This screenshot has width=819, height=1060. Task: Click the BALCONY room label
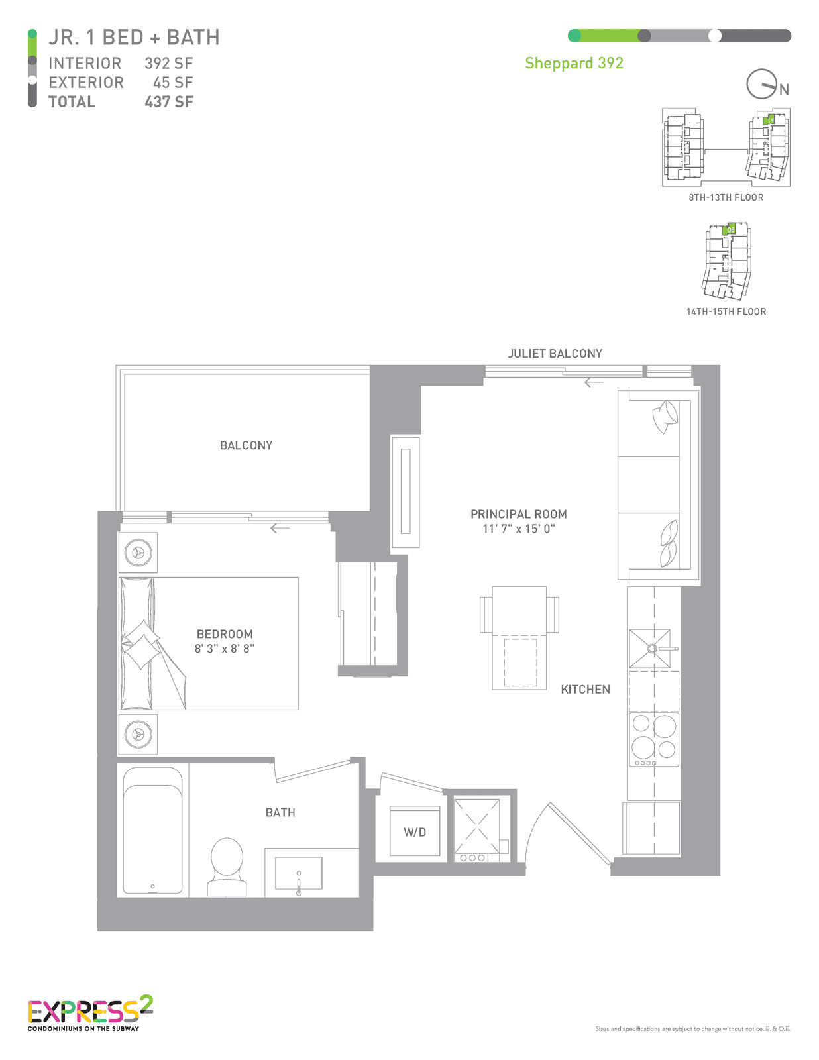[x=246, y=445]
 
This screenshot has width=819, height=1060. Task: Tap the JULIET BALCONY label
[x=555, y=354]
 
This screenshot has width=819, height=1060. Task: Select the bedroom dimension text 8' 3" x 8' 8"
[x=225, y=649]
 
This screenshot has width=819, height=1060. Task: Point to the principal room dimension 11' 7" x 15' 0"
[x=519, y=528]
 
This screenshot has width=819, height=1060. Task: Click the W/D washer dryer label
[x=415, y=832]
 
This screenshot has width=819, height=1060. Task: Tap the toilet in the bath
[x=227, y=867]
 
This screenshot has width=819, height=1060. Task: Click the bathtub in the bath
[x=152, y=830]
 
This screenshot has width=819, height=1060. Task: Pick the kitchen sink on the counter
[x=650, y=649]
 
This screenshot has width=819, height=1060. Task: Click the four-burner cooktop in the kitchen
[x=653, y=739]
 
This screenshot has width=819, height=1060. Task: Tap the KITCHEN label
[x=585, y=689]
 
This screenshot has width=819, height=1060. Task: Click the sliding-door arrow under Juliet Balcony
[x=594, y=382]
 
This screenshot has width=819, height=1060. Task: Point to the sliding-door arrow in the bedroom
[x=280, y=528]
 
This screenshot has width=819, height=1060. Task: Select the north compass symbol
[x=762, y=84]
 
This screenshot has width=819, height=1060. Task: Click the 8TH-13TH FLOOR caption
[x=726, y=197]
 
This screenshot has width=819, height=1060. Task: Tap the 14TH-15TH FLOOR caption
[x=726, y=312]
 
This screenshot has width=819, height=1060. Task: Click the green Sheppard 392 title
[x=574, y=64]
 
